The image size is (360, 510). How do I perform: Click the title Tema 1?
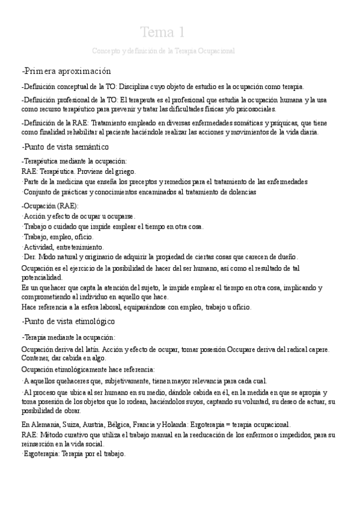pyautogui.click(x=162, y=32)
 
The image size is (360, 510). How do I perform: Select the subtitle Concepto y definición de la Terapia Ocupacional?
pyautogui.click(x=163, y=51)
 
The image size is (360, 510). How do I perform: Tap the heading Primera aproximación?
pyautogui.click(x=67, y=70)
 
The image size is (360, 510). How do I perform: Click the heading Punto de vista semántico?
pyautogui.click(x=66, y=147)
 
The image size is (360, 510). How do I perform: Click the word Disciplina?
pyautogui.click(x=142, y=86)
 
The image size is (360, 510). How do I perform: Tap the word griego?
pyautogui.click(x=124, y=171)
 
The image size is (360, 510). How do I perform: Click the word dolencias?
pyautogui.click(x=240, y=192)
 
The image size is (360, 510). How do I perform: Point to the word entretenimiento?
pyautogui.click(x=80, y=247)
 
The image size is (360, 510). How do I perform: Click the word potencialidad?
pyautogui.click(x=41, y=277)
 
